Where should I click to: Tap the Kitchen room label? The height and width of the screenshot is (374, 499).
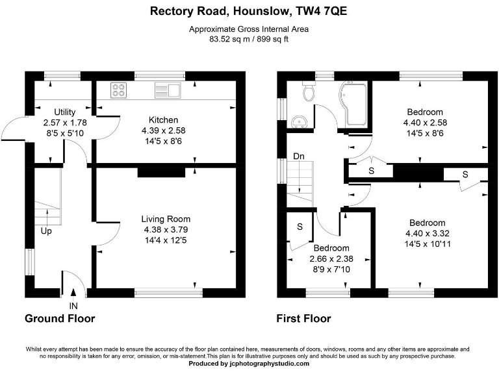pyautogui.click(x=163, y=120)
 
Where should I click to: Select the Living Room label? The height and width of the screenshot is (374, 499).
pyautogui.click(x=166, y=219)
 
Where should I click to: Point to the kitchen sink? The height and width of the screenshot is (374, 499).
pyautogui.click(x=167, y=90)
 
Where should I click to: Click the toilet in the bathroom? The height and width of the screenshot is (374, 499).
pyautogui.click(x=309, y=92)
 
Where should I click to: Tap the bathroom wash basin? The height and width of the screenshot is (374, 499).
pyautogui.click(x=300, y=121)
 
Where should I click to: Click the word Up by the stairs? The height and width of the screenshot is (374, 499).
pyautogui.click(x=46, y=231)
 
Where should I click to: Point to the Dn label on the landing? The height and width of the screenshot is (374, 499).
pyautogui.click(x=299, y=156)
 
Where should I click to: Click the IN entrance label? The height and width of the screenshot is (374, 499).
pyautogui.click(x=73, y=305)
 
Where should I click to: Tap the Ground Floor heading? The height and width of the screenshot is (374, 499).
pyautogui.click(x=60, y=318)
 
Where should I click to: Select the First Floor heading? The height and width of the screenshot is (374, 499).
pyautogui.click(x=303, y=318)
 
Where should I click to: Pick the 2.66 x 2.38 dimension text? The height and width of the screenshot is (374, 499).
pyautogui.click(x=331, y=259)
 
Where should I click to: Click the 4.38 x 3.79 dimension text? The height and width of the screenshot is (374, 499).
pyautogui.click(x=166, y=229)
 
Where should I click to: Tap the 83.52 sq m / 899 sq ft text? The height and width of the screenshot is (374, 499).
pyautogui.click(x=249, y=39)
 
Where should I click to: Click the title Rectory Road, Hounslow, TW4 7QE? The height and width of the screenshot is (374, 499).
pyautogui.click(x=249, y=10)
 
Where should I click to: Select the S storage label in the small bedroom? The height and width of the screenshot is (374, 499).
pyautogui.click(x=300, y=227)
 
